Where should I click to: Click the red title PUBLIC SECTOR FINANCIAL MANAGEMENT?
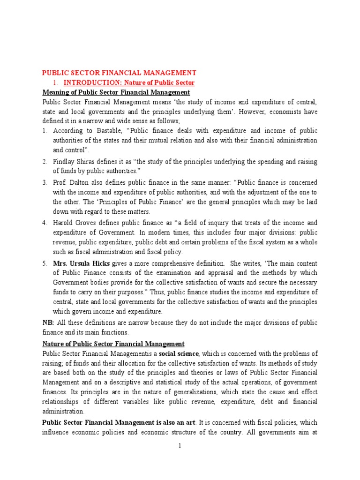point(119,73)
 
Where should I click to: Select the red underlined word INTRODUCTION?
point(86,82)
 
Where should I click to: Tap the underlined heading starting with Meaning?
point(116,92)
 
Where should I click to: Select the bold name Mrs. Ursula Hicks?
point(79,263)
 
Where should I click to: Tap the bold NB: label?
point(48,323)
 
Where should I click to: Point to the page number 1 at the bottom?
point(180,446)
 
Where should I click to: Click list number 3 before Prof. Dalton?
point(45,182)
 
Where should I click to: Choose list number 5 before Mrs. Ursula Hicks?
point(45,263)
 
